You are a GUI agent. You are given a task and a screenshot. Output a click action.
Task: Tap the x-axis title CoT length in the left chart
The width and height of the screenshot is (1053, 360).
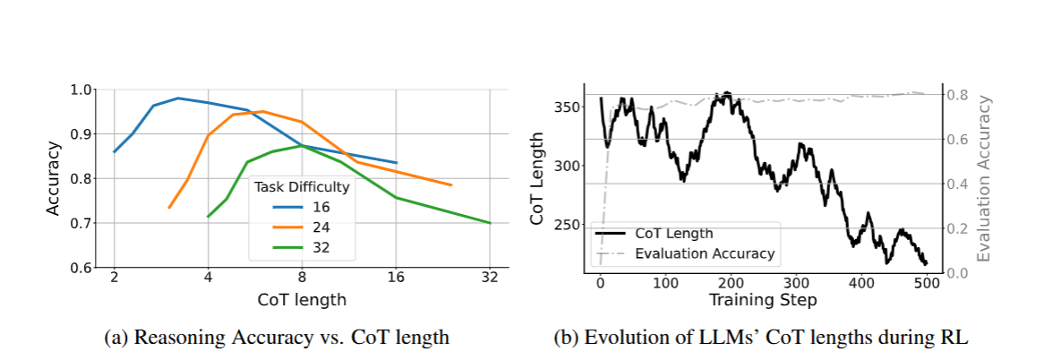click(302, 299)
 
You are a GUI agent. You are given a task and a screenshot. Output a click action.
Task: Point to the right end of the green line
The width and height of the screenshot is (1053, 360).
click(491, 222)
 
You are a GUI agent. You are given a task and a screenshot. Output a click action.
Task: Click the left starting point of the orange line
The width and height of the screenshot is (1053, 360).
click(168, 208)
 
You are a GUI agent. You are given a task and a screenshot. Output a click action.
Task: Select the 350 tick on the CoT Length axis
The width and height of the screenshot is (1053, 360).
click(568, 107)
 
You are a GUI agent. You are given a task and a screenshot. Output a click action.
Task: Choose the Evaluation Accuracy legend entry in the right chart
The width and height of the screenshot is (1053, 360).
click(685, 254)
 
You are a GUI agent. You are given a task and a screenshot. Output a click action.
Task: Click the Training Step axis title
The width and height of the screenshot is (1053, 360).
click(762, 300)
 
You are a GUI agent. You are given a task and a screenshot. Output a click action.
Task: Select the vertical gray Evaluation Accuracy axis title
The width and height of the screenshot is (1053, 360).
click(985, 179)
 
